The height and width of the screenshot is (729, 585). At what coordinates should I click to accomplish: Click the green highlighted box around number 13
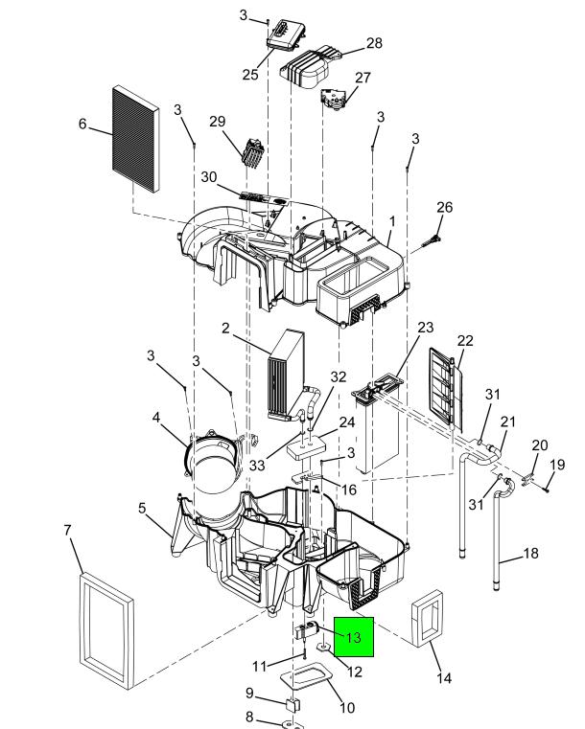point(354,636)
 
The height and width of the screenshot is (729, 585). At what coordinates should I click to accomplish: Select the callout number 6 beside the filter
point(82,124)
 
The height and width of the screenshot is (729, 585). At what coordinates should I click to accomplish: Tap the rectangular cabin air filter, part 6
point(135,138)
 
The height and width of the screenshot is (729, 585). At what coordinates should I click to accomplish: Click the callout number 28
point(374,43)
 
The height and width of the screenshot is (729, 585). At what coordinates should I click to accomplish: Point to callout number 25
point(250,74)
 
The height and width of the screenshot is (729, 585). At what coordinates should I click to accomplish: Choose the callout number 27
point(363,78)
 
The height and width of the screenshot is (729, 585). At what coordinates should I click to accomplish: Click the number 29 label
point(218,121)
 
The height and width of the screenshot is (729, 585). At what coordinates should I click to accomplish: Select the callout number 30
point(209,176)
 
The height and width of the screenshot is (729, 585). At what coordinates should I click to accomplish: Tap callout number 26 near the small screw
point(444,207)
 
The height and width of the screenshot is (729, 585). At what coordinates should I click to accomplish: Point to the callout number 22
point(465,340)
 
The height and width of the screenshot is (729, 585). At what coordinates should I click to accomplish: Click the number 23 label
point(426,328)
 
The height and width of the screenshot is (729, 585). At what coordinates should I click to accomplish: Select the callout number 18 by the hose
point(530,554)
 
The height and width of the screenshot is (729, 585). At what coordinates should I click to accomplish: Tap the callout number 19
point(557,465)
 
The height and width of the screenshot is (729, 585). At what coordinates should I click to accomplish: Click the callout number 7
point(67,530)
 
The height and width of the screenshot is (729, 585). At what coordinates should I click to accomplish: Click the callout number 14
point(444,678)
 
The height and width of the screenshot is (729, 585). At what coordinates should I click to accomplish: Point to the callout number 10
point(347,708)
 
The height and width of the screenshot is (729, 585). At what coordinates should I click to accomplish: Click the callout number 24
point(347,422)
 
